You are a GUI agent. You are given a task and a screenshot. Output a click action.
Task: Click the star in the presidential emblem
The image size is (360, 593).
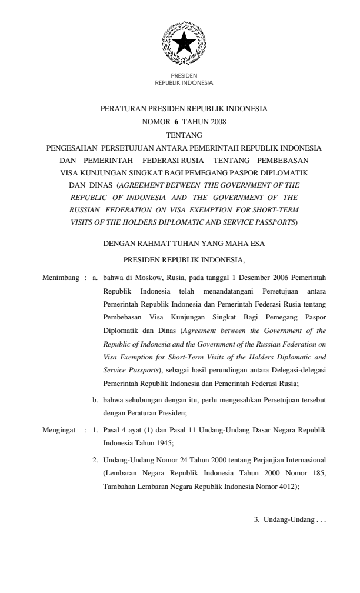coord(184,42)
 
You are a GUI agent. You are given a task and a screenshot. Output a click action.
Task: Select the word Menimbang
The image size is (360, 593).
coord(61,276)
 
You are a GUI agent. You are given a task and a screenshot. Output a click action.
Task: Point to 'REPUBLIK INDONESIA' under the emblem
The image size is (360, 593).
coord(184,83)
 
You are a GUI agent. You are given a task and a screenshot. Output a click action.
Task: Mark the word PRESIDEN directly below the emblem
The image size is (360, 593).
coord(184,76)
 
